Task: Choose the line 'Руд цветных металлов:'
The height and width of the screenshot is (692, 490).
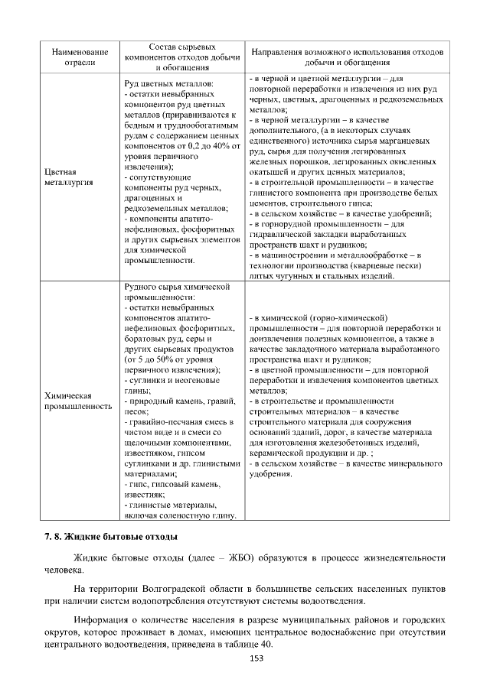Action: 168,83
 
